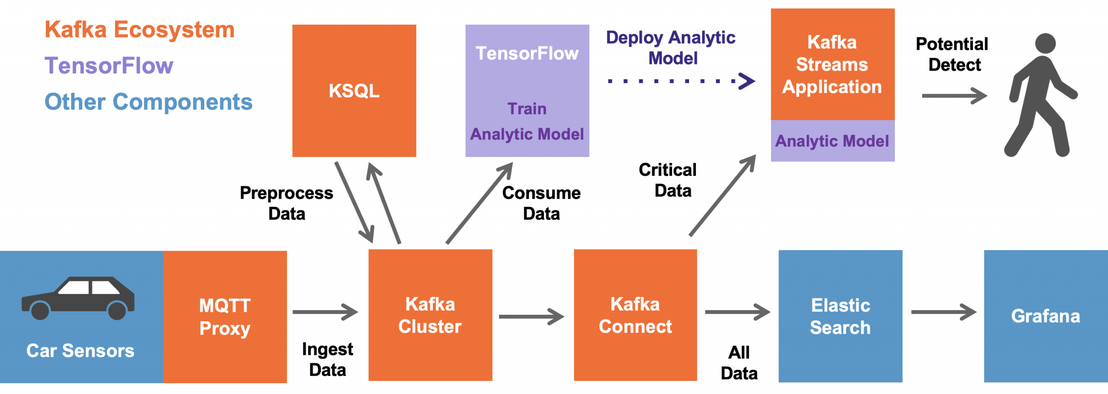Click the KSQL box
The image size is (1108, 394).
pyautogui.click(x=354, y=90)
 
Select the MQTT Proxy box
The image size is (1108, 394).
pyautogui.click(x=225, y=316)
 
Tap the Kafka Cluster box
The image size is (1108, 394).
pyautogui.click(x=430, y=315)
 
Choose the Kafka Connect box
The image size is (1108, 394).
pyautogui.click(x=635, y=315)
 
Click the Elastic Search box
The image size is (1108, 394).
pyautogui.click(x=840, y=316)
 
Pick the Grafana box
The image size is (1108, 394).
pyautogui.click(x=1046, y=316)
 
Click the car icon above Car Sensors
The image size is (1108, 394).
pyautogui.click(x=78, y=298)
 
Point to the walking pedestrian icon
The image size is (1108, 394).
pyautogui.click(x=1041, y=95)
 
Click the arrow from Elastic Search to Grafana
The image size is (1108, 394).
pyautogui.click(x=944, y=312)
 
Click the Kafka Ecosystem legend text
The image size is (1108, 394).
pyautogui.click(x=139, y=29)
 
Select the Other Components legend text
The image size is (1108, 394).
pyautogui.click(x=148, y=102)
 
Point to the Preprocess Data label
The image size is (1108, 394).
pyautogui.click(x=287, y=203)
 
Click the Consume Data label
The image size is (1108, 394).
pyautogui.click(x=541, y=203)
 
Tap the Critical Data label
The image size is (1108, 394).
pyautogui.click(x=668, y=180)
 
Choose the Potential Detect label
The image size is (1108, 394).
pyautogui.click(x=952, y=54)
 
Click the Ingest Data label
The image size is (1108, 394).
pyautogui.click(x=328, y=359)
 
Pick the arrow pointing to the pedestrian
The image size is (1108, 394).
pyautogui.click(x=954, y=96)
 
